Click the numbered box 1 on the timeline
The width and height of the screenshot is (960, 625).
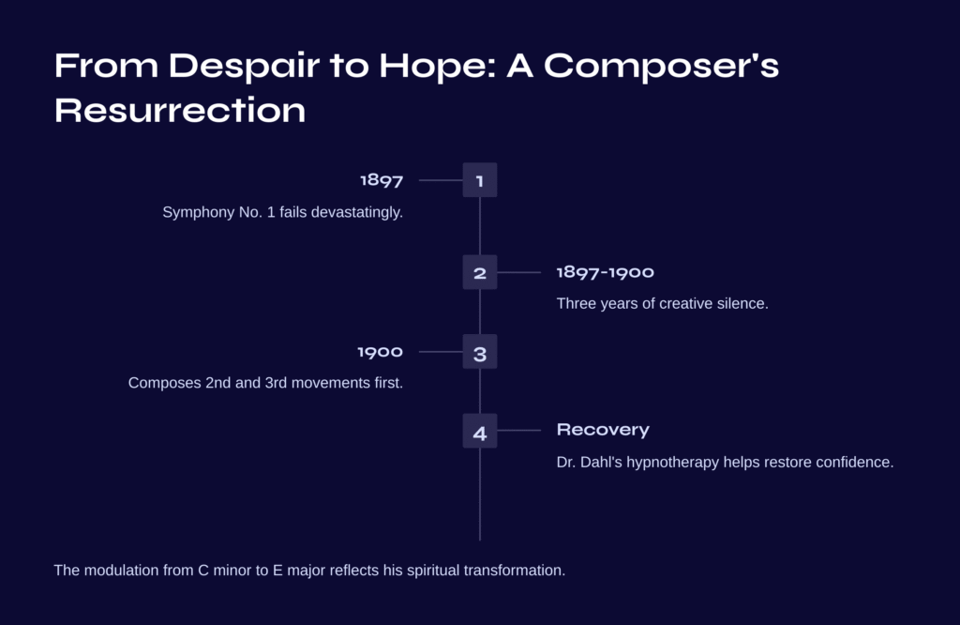480,180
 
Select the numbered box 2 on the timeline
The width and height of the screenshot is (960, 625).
480,272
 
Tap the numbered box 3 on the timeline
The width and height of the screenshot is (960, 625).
480,352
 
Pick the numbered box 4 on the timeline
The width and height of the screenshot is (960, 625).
480,431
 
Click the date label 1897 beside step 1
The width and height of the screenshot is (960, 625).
382,180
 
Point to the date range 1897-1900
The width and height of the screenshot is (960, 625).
606,272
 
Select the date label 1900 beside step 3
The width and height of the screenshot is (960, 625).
381,352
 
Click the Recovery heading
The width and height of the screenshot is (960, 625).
603,430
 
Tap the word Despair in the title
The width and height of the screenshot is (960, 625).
244,67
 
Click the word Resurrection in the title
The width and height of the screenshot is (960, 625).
180,111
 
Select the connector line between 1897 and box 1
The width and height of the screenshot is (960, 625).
441,180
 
